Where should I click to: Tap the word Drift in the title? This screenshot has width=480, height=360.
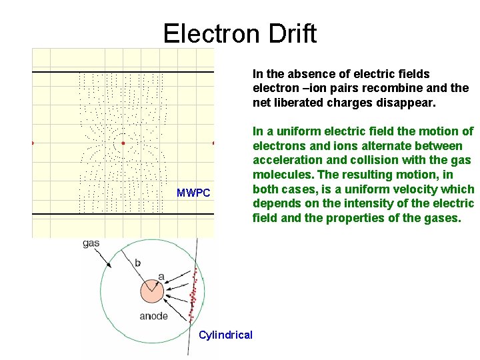[x=291, y=33]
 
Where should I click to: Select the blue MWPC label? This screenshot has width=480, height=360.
[x=193, y=193]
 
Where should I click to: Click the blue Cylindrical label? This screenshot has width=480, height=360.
[x=225, y=335]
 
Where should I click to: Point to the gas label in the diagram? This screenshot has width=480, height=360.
[x=91, y=243]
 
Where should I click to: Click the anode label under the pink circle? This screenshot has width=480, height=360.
[x=153, y=316]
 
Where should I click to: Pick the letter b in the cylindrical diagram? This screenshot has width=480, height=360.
[x=138, y=263]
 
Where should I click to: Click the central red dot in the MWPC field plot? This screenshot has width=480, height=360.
[x=123, y=143]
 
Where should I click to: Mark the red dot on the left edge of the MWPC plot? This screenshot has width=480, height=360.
[x=33, y=143]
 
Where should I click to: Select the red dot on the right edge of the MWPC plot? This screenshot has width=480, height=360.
[x=213, y=143]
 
